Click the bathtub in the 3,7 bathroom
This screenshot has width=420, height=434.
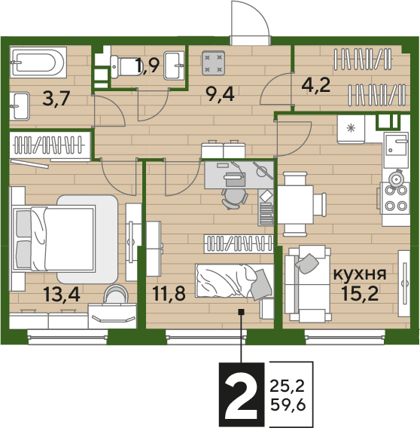point(38,63)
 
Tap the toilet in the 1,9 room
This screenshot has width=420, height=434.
point(124,67)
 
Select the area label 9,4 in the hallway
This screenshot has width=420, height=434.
point(220,94)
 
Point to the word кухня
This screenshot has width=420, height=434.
point(360,274)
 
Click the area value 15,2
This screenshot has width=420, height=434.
point(360,293)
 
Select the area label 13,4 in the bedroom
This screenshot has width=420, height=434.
point(62,294)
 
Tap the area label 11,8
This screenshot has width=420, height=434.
point(169,293)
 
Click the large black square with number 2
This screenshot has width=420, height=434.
point(242,395)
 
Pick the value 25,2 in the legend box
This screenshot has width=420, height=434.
point(288,386)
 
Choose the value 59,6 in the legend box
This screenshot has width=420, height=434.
point(288,405)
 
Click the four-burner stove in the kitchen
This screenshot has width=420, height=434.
point(395,198)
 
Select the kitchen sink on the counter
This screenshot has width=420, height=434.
point(395,150)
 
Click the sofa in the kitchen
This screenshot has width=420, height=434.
point(308,283)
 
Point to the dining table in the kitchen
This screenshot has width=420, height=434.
point(295,204)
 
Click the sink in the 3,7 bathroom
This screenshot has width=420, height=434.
point(20,106)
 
